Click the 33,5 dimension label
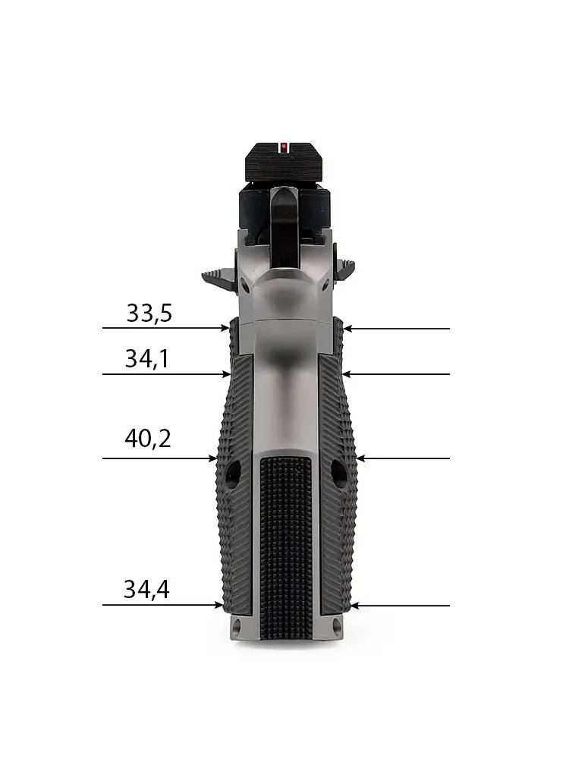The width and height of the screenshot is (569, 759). pyautogui.click(x=149, y=313)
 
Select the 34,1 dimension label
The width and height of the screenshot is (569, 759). pyautogui.click(x=147, y=359)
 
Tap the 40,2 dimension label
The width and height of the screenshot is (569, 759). pyautogui.click(x=148, y=439)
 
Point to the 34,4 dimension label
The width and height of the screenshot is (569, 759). pyautogui.click(x=146, y=590)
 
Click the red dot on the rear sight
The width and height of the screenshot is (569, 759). pyautogui.click(x=284, y=146)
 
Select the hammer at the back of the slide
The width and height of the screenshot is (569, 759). pyautogui.click(x=284, y=225)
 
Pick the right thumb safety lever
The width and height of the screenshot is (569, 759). pyautogui.click(x=345, y=268)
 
